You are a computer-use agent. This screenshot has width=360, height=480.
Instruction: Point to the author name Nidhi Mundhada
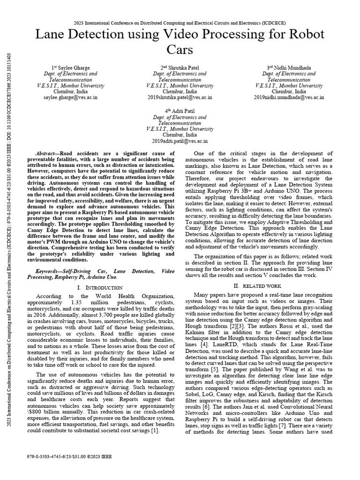click(292, 67)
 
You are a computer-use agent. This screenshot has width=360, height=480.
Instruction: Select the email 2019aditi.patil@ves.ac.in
click(180, 141)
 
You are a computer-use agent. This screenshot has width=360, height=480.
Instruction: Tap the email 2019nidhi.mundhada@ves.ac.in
click(289, 97)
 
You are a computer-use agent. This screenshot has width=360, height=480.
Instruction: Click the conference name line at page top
click(180, 22)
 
